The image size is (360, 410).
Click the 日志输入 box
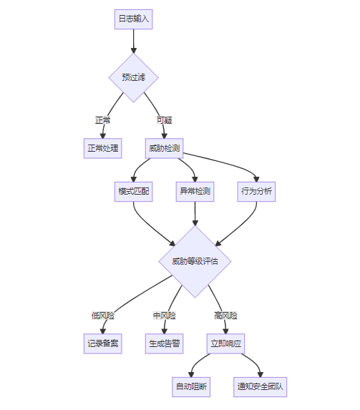coord(133,19)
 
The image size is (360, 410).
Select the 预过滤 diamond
coord(133,78)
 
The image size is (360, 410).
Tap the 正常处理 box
coord(103,148)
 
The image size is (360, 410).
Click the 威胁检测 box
coord(165,148)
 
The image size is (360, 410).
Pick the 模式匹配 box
coord(133,192)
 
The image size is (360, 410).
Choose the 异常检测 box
coord(195,192)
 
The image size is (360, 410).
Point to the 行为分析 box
coord(256,192)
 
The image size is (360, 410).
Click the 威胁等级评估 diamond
coord(195,261)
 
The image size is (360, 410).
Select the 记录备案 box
coord(103,343)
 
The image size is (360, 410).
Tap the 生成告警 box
coord(165,343)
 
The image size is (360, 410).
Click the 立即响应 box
coord(225,343)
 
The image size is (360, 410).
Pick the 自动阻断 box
coord(191,387)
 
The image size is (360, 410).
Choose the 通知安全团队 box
coord(261,387)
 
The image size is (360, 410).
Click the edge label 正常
coord(103,120)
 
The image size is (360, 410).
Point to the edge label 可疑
coord(165,120)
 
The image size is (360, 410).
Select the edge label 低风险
coord(103,316)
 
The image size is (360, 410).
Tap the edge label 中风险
coord(165,316)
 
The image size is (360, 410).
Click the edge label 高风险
coord(225,316)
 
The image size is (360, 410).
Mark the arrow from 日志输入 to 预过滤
coord(133,41)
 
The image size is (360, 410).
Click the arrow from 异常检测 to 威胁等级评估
coord(195,214)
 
